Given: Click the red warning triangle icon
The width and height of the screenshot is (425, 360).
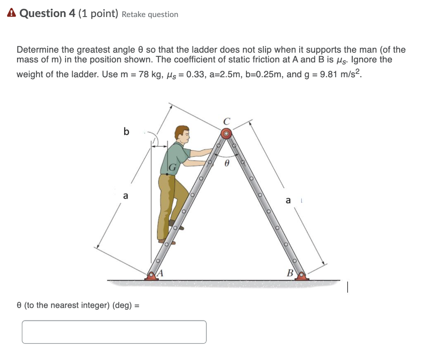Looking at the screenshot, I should click(12, 13).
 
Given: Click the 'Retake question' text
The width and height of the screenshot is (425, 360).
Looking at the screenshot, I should click(150, 15).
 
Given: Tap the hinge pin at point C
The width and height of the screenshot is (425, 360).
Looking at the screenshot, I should click(226, 134).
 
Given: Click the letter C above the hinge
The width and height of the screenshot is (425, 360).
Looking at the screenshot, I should click(226, 122).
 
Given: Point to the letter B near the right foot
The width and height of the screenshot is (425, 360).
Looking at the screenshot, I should click(290, 273).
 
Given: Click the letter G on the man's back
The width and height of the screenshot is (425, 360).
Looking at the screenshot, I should click(172, 168).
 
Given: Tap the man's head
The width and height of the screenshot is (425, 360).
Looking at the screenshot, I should click(182, 133).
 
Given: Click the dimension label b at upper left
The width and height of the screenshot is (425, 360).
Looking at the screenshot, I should click(126, 132).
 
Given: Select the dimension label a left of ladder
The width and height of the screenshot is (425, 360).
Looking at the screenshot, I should click(125, 196).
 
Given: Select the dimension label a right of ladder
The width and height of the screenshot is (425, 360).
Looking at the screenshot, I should click(288, 201).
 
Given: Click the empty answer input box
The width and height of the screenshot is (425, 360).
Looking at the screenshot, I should click(114, 332).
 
